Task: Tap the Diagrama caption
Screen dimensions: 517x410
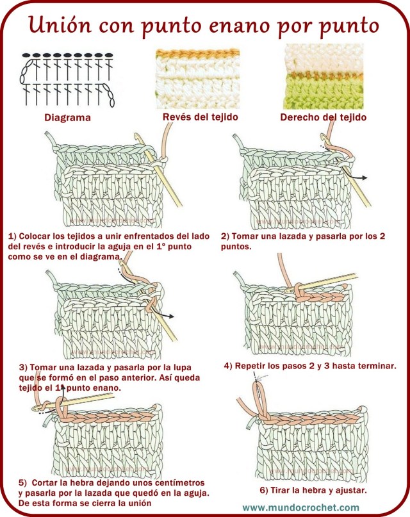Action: [x=67, y=118]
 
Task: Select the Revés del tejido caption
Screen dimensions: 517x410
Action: [x=200, y=117]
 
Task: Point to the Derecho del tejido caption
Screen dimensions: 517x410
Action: [x=324, y=117]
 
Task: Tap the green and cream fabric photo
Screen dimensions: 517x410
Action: [x=324, y=77]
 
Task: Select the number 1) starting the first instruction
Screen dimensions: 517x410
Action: [x=12, y=236]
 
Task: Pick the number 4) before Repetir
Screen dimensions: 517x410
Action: [x=228, y=366]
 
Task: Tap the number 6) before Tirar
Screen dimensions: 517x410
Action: [x=264, y=490]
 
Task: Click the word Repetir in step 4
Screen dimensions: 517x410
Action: [x=256, y=366]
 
